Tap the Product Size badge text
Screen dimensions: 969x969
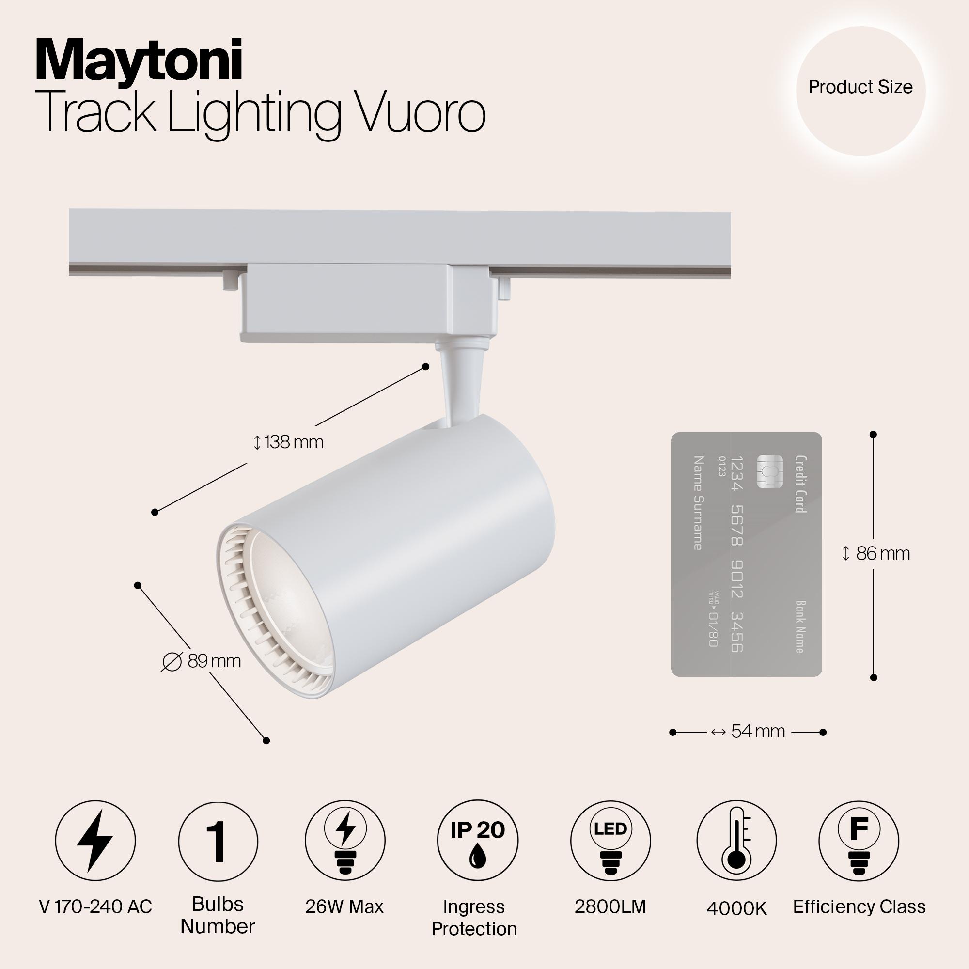[860, 87]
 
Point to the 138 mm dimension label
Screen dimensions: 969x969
[288, 442]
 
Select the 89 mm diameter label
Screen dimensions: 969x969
[202, 661]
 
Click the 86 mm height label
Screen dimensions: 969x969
[875, 554]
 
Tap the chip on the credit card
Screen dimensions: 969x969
[770, 472]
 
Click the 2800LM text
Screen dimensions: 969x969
[610, 906]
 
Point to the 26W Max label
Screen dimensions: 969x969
[344, 906]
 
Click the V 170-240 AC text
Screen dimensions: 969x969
[95, 906]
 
